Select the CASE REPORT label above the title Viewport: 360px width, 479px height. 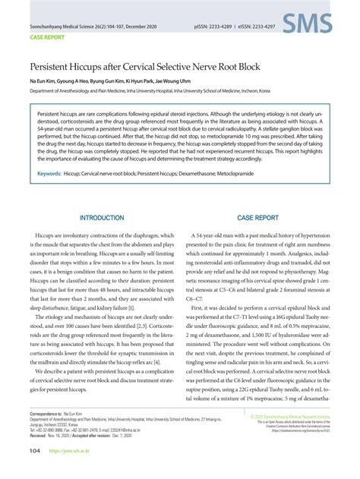coord(46,36)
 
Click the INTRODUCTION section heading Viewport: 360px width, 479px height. coord(102,217)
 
